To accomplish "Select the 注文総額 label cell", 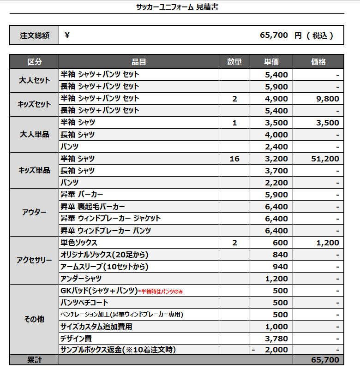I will [34, 36].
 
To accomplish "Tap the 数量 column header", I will [234, 62].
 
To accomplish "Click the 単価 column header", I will [271, 62].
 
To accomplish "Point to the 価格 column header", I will [318, 62].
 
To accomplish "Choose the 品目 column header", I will [139, 62].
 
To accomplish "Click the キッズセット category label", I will [34, 104].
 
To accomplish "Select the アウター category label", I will [34, 212].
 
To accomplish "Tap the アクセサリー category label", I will [34, 260].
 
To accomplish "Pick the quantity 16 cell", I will [234, 159].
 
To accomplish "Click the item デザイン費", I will [76, 339].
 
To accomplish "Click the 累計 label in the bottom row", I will [34, 360].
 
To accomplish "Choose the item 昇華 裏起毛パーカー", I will [93, 207].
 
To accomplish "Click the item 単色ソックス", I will [79, 243].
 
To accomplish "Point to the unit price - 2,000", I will [271, 350].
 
